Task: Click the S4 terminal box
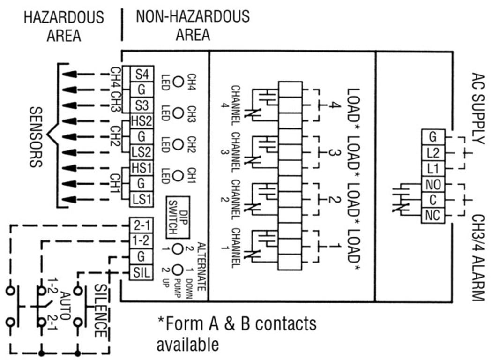point(142,74)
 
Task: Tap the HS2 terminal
point(142,121)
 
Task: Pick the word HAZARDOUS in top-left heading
point(64,17)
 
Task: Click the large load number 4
point(333,106)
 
